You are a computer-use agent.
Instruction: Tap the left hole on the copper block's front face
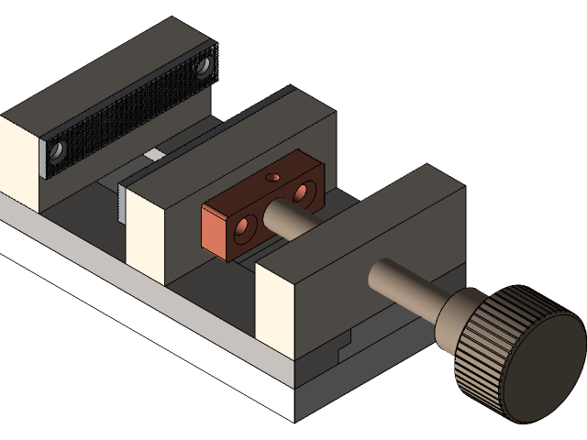(244, 232)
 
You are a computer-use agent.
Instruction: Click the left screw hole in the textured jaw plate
(58, 149)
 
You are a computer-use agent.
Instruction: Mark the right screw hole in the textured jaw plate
(207, 63)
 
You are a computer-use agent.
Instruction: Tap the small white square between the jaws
(154, 154)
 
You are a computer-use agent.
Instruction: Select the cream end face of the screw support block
(275, 312)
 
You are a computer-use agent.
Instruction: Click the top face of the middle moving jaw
(229, 137)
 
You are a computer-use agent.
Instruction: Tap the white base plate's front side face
(138, 321)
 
